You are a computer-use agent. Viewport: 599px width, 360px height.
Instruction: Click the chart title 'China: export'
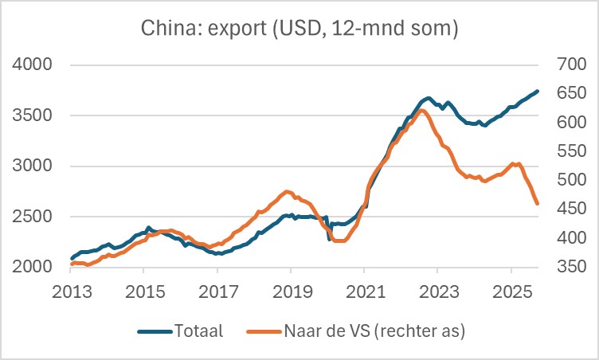[x=299, y=29]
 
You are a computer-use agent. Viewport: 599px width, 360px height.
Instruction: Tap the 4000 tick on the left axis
[x=35, y=65]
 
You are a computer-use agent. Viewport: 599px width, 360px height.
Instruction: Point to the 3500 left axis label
[x=35, y=115]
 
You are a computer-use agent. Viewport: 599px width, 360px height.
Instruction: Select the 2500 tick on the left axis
[x=35, y=217]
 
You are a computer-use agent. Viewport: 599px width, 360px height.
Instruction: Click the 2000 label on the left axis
[x=35, y=267]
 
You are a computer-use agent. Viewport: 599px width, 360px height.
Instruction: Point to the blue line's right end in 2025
[x=538, y=91]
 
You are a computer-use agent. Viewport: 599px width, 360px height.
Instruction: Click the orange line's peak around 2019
[x=287, y=191]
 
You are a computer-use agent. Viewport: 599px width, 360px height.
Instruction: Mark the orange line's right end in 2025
[x=538, y=204]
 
